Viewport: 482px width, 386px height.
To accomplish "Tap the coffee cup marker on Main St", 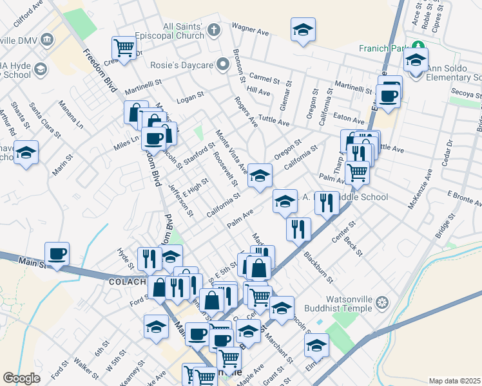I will pyautogui.click(x=57, y=253).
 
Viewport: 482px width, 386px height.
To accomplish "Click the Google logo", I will pyautogui.click(x=21, y=378).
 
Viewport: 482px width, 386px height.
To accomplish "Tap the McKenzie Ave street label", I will pyautogui.click(x=418, y=189).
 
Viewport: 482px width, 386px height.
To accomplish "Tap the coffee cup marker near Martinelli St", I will pyautogui.click(x=389, y=96).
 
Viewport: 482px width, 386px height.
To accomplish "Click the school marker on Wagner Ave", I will pyautogui.click(x=302, y=29).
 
